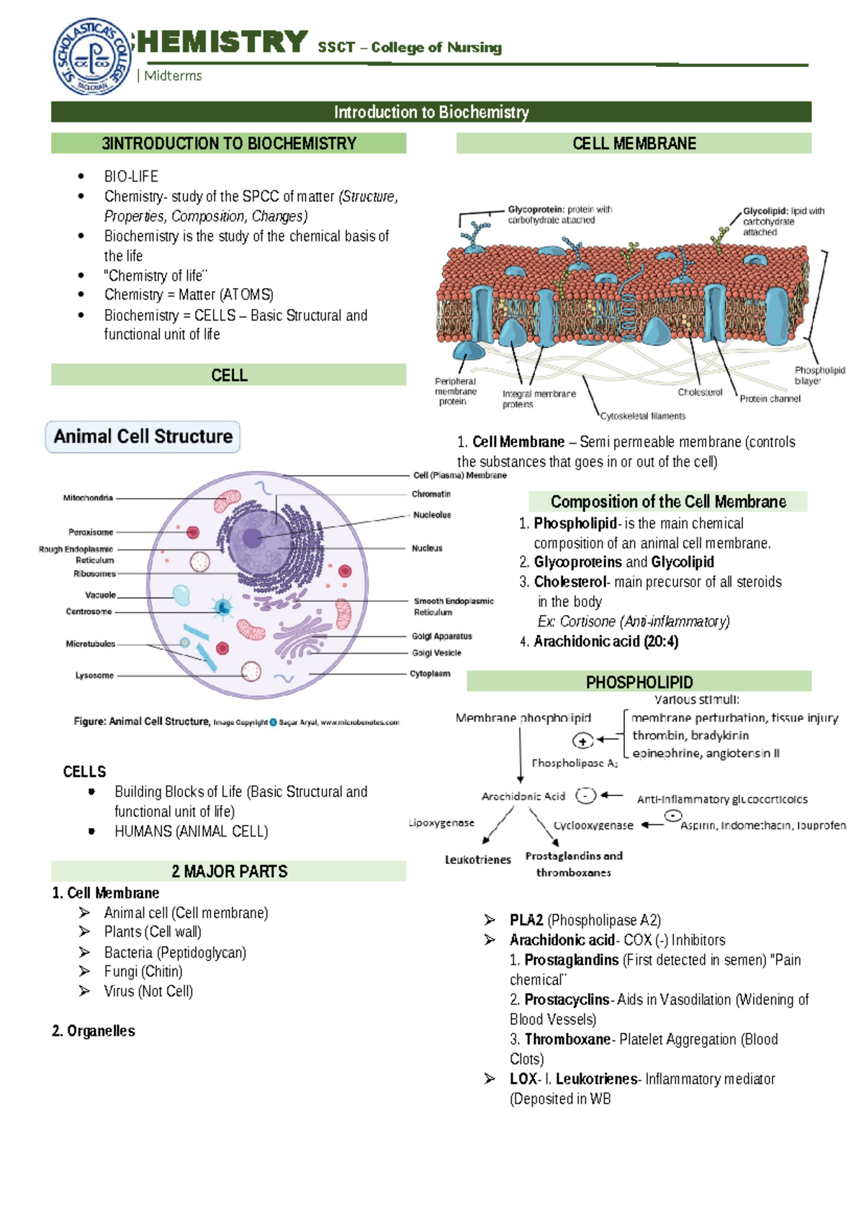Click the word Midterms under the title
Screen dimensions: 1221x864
click(173, 76)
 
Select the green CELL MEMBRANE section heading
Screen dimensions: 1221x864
click(634, 143)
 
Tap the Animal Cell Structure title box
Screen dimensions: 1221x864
click(143, 437)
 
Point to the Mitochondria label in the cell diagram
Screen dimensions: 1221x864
click(88, 497)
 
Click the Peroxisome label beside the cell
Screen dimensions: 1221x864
click(91, 532)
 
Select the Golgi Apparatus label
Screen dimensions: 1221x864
click(441, 636)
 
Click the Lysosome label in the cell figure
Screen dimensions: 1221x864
click(94, 675)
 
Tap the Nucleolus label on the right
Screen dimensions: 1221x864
click(432, 515)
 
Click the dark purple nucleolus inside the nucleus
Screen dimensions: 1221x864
click(252, 538)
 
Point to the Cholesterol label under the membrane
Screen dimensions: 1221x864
click(700, 392)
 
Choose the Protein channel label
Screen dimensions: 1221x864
click(770, 399)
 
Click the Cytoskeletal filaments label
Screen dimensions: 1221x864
click(643, 416)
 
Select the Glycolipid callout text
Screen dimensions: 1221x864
click(783, 221)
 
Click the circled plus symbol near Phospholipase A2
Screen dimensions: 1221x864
click(582, 741)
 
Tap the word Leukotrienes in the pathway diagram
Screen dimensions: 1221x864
click(478, 860)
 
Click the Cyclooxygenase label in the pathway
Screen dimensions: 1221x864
click(593, 826)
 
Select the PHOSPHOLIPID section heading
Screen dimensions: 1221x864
click(639, 682)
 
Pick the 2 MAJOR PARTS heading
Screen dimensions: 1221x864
click(229, 871)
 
